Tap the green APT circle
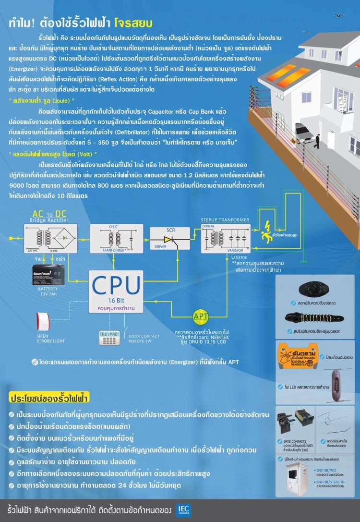(201, 316)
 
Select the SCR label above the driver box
(171, 231)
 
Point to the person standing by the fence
(317, 140)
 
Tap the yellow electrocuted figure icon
(265, 233)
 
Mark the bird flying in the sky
(340, 16)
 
